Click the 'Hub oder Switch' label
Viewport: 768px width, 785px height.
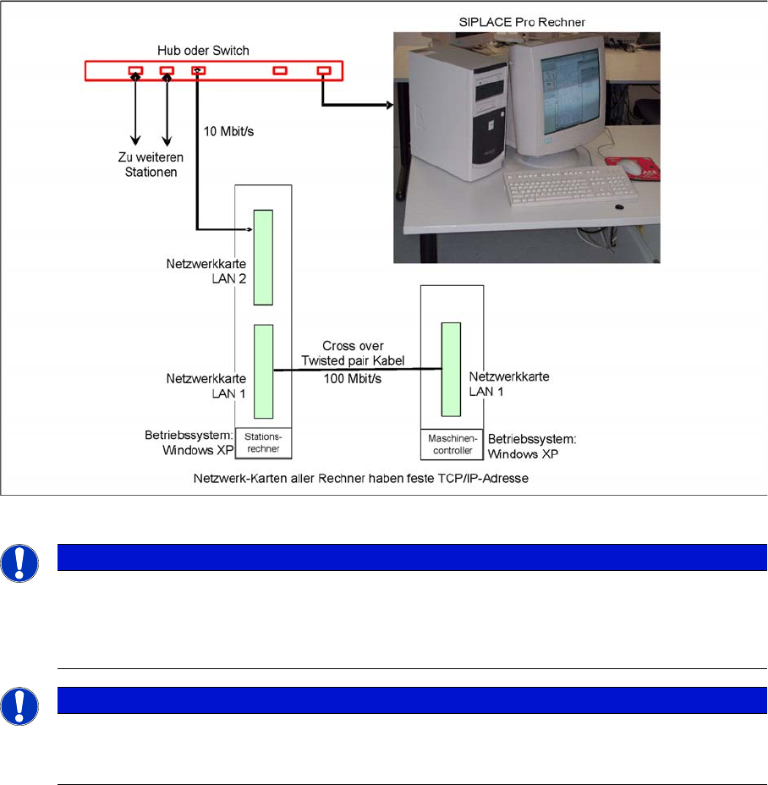[203, 51]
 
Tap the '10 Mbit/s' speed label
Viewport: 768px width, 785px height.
[228, 131]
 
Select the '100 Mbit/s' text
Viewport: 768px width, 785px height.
[353, 378]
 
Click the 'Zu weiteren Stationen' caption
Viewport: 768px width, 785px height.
[151, 165]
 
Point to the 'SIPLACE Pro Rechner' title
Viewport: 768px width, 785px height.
[522, 22]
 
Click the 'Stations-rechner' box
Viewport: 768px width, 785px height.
[263, 443]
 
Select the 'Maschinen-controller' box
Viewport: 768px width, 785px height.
[453, 445]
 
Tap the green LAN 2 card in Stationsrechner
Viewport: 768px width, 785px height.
[263, 257]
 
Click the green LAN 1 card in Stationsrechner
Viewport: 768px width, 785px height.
[263, 371]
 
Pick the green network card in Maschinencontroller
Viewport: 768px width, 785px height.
[451, 370]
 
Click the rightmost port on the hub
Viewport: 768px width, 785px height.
[324, 70]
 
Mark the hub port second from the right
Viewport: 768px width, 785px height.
[280, 70]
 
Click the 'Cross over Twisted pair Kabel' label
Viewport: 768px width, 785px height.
[353, 353]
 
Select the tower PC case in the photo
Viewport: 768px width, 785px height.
[456, 116]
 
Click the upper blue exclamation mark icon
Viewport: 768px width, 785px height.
[19, 563]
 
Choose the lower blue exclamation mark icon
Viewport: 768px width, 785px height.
[19, 706]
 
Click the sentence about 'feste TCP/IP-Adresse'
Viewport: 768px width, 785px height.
[361, 478]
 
